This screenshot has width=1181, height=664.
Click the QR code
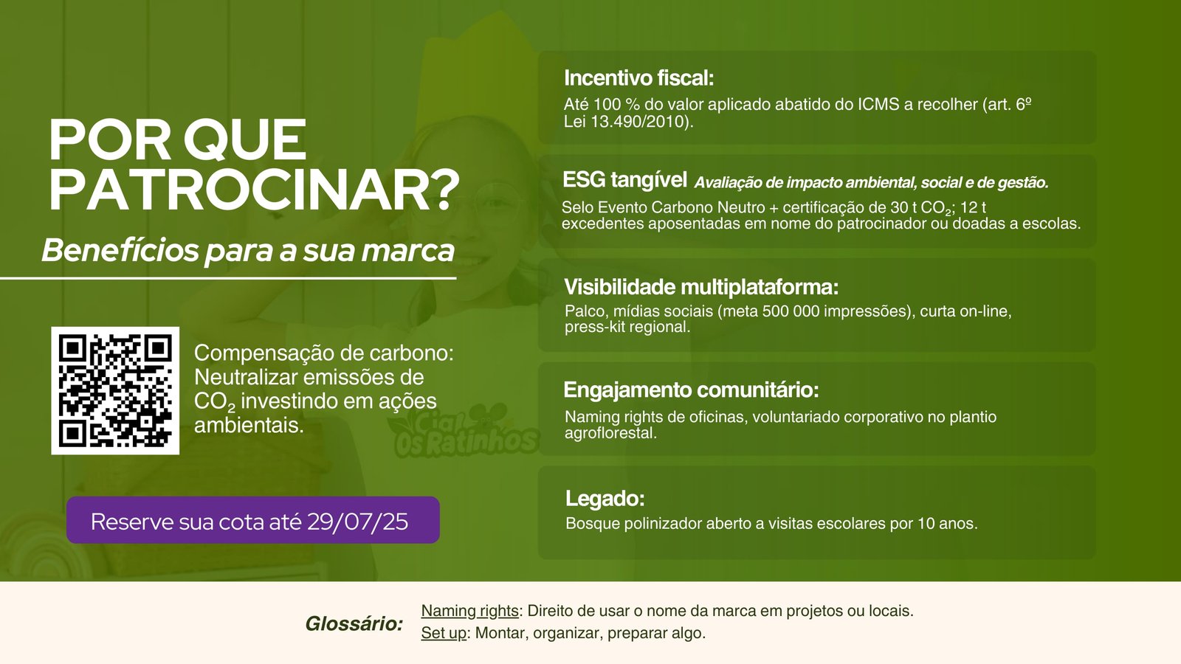(115, 390)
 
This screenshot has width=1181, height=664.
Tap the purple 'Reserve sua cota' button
(253, 520)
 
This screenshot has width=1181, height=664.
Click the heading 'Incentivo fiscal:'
(639, 78)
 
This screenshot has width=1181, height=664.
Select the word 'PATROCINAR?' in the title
(254, 189)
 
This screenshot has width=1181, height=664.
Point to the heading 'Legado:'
(605, 499)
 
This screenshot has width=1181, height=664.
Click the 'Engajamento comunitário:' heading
(691, 390)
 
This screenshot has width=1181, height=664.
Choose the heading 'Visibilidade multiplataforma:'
(701, 287)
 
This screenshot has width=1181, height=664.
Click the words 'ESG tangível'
(624, 180)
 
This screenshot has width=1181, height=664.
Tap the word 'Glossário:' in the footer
(354, 624)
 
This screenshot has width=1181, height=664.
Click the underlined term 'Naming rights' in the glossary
(469, 611)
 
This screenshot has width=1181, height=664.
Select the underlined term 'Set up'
(444, 633)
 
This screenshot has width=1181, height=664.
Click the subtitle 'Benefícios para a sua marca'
(248, 251)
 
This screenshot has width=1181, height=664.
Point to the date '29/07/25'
(357, 522)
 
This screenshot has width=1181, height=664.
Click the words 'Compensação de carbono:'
(324, 353)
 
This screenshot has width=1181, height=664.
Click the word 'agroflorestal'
(610, 434)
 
